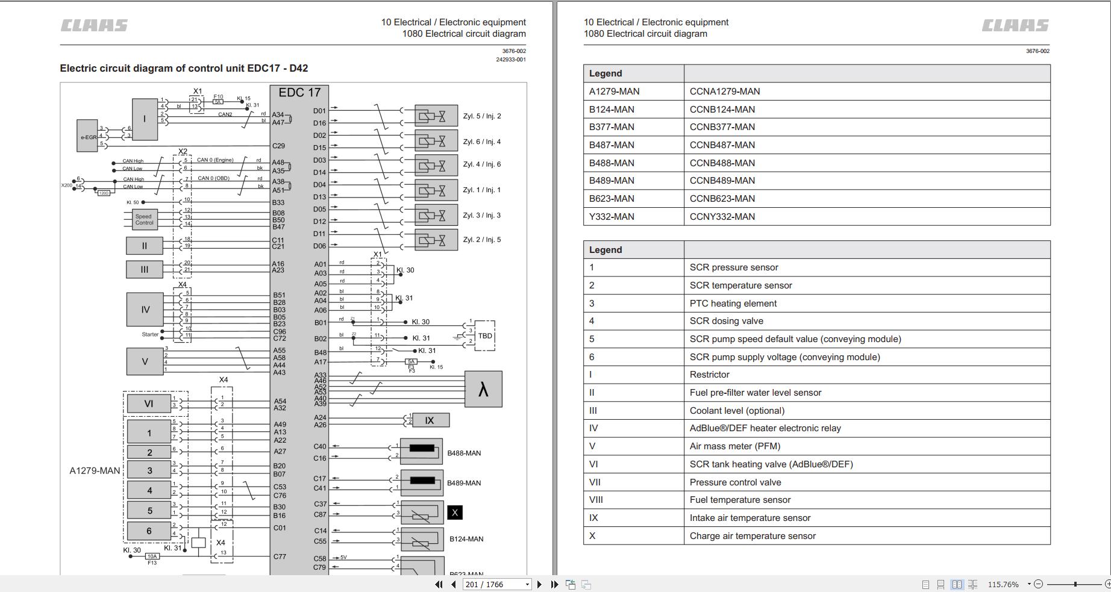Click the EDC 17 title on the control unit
299,93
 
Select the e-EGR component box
87,137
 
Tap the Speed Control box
144,219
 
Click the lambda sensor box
483,389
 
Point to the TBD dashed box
484,336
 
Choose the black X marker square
455,513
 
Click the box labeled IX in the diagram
430,420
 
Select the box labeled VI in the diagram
149,403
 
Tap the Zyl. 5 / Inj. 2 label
481,116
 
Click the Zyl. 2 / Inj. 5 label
481,240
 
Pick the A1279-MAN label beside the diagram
95,471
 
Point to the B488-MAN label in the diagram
464,453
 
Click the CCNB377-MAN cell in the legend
722,127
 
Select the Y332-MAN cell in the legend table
612,217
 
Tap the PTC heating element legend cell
733,304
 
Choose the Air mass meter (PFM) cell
735,446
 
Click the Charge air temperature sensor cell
753,536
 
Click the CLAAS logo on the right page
1015,25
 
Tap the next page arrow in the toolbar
539,584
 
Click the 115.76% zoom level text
1003,584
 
